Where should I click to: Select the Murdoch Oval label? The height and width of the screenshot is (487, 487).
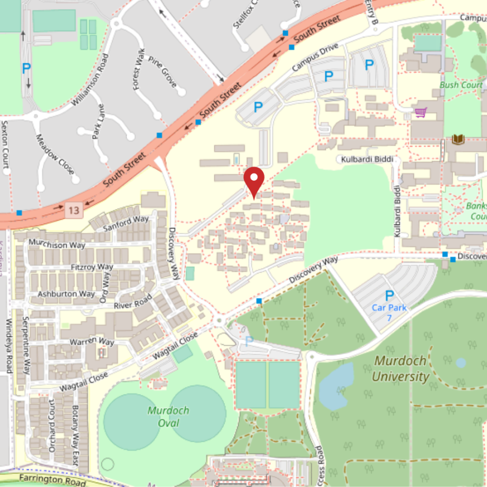pos(168,416)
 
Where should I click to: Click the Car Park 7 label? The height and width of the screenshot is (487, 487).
pos(389,312)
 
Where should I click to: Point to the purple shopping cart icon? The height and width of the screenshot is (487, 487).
pos(420,113)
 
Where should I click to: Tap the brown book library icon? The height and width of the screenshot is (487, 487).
pos(458,140)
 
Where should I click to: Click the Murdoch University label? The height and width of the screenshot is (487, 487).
pos(400,368)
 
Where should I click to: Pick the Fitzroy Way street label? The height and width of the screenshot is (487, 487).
pos(92,267)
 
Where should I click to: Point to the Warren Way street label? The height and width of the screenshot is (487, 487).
pos(92,342)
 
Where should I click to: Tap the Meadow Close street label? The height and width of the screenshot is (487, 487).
pos(54,155)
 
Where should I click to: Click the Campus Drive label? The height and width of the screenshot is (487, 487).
pos(315,57)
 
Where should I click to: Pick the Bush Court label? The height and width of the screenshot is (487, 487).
pos(461,85)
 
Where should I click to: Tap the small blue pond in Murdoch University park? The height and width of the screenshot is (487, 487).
pos(460,363)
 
